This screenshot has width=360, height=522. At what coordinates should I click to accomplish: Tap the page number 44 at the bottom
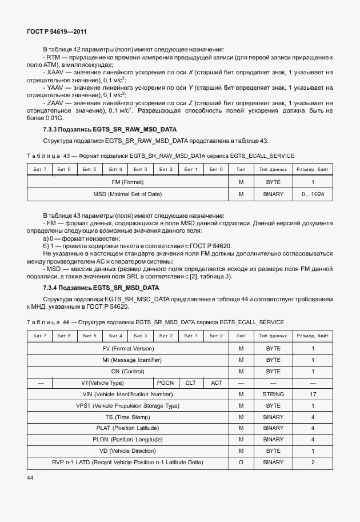click(x=31, y=477)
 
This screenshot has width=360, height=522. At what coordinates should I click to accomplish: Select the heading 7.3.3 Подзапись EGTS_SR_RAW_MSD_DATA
click(x=110, y=130)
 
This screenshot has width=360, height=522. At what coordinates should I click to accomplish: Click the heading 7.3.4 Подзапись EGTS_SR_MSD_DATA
click(x=101, y=288)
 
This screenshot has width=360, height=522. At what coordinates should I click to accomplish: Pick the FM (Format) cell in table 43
click(x=127, y=182)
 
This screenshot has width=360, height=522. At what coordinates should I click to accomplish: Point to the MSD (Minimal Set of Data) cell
click(x=127, y=194)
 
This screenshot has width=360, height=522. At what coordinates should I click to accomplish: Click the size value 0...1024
click(x=313, y=194)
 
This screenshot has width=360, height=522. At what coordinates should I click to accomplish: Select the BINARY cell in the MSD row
click(x=273, y=194)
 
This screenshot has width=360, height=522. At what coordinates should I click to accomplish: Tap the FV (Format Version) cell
click(x=127, y=349)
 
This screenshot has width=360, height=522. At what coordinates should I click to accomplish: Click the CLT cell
click(x=190, y=383)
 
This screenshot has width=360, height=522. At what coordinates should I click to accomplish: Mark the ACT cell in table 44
click(x=216, y=383)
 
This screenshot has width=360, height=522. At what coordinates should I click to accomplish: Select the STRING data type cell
click(x=273, y=395)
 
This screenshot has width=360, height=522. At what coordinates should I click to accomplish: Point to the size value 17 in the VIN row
click(x=313, y=395)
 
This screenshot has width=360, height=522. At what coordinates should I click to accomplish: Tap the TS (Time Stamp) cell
click(x=127, y=417)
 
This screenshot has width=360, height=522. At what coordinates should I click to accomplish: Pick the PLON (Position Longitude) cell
click(x=127, y=440)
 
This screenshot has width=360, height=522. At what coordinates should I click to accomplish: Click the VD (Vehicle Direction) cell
click(x=127, y=451)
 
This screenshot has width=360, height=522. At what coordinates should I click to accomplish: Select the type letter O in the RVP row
click(x=241, y=463)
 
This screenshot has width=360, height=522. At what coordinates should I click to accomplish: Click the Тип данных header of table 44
click(x=273, y=336)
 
